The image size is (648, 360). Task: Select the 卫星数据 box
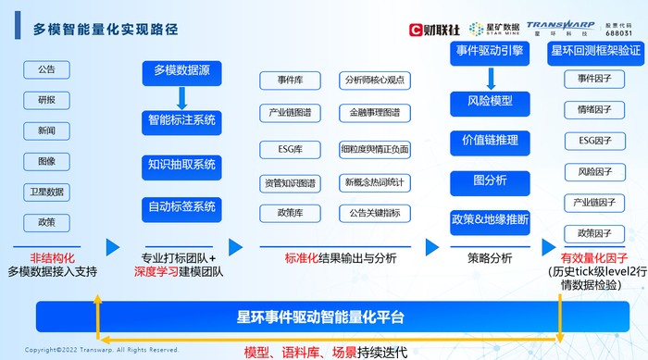coord(46,192)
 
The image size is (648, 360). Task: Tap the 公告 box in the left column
coord(46,70)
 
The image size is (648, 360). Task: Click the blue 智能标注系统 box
coord(181,120)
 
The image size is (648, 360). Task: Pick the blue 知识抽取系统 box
coord(181,165)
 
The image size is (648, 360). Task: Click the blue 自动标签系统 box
coord(181,205)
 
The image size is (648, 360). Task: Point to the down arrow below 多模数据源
coord(181,95)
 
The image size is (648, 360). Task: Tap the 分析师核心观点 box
coord(375,80)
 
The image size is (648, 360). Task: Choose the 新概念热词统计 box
coord(375,181)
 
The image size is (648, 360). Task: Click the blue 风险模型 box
coord(490,101)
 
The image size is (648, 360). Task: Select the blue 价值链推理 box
coord(490,141)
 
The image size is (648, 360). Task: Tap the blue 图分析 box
coord(490,180)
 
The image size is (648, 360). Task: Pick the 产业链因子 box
coord(594,202)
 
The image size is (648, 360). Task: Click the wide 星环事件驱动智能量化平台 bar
coord(320,317)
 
